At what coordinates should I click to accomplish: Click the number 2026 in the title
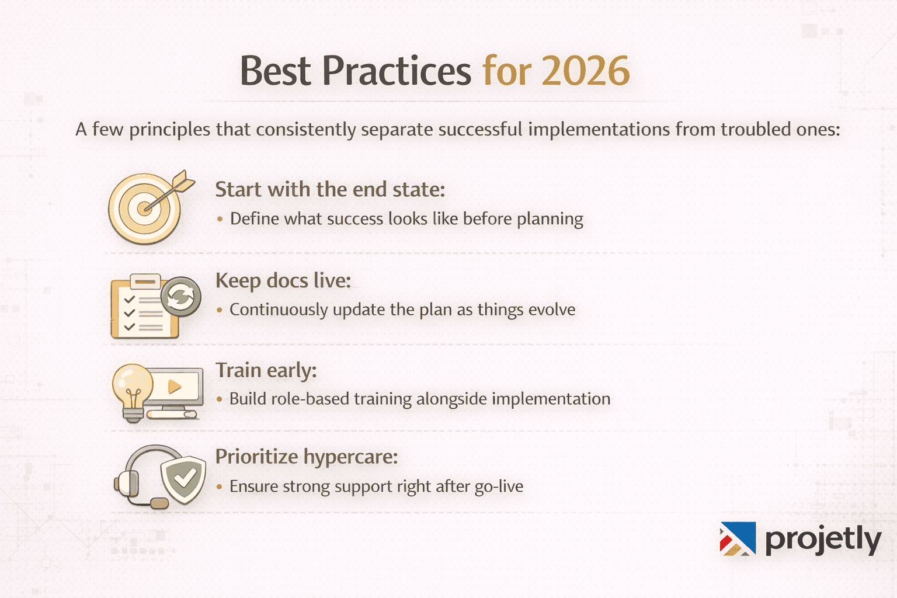click(586, 72)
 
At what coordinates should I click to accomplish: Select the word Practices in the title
click(397, 72)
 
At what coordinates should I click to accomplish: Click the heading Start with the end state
click(330, 190)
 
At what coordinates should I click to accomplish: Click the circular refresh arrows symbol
click(180, 297)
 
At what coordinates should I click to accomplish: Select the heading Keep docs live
click(283, 281)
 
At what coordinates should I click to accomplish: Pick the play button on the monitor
click(175, 387)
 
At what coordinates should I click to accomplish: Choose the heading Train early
click(266, 371)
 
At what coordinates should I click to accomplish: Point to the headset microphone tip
click(159, 503)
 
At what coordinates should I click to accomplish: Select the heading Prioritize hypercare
click(306, 457)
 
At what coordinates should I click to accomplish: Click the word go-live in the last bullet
click(499, 487)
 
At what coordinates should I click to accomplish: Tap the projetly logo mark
click(738, 538)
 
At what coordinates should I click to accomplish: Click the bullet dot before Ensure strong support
click(220, 487)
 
